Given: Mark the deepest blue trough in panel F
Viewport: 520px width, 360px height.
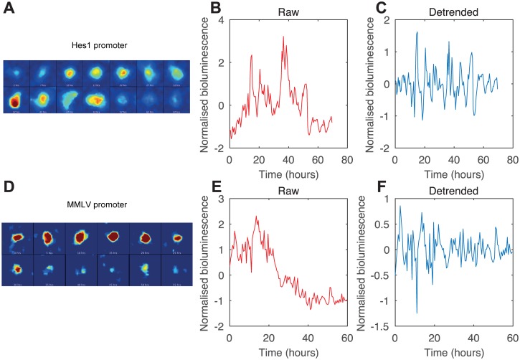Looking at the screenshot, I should tap(417, 313).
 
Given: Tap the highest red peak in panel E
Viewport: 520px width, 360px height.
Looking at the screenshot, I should tap(255, 216).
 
